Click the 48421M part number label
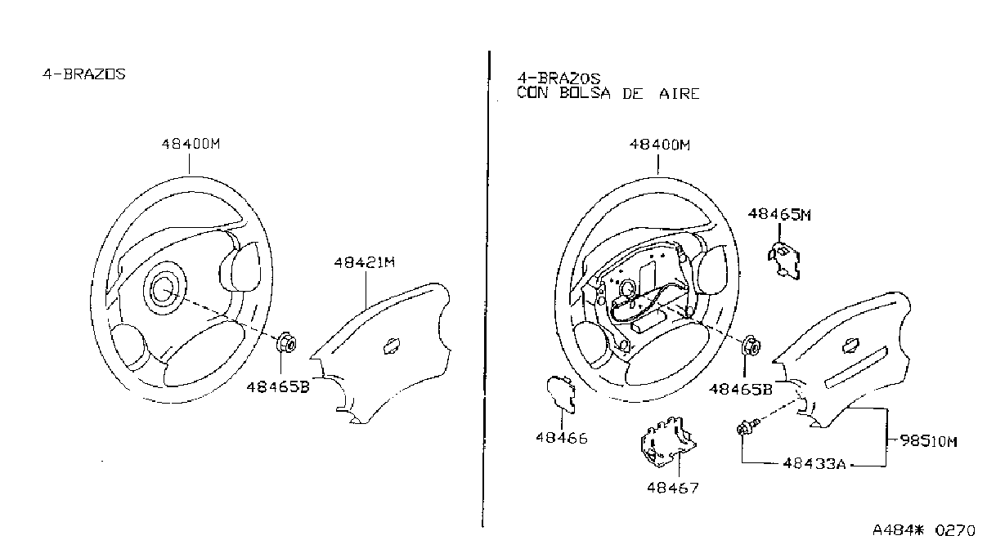coord(365,262)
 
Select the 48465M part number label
coord(779,215)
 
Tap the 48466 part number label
coord(562,438)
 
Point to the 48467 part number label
coord(673,488)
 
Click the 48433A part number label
coord(814,463)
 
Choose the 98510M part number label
coord(929,441)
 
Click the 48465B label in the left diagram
coord(278,386)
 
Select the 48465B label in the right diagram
coord(741,389)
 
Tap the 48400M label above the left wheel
coord(191,144)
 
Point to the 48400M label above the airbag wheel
coord(660,145)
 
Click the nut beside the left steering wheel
coord(287,343)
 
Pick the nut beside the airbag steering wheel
coord(752,346)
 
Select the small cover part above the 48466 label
coord(561,394)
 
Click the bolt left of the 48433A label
coord(748,426)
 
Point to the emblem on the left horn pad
coord(392,346)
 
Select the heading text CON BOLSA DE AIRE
coord(608,94)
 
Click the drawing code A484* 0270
coord(924,531)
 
